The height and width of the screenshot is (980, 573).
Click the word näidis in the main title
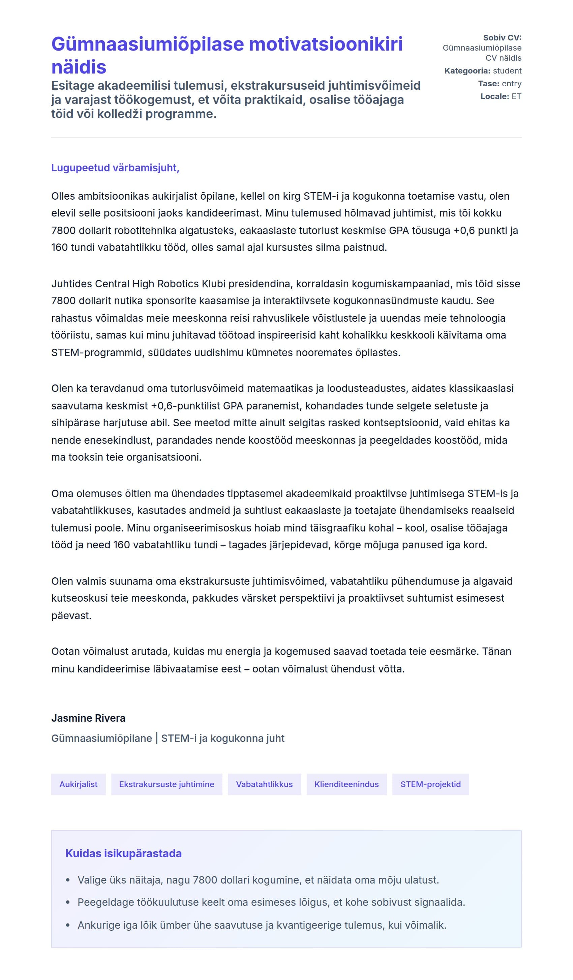coord(79,67)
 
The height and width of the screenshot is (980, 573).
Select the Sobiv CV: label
coord(502,38)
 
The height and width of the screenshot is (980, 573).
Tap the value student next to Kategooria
coord(507,71)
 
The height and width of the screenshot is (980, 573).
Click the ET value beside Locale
coord(516,96)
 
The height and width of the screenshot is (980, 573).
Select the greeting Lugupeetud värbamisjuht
coord(115,168)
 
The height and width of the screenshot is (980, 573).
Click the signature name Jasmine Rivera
coord(88,718)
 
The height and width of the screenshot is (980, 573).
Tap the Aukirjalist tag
coord(78,784)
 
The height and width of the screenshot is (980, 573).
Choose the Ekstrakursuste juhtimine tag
coord(167,784)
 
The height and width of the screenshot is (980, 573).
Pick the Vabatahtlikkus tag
coord(264,784)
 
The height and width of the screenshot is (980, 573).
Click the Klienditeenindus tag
coord(346,784)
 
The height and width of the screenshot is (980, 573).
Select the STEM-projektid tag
coord(430,784)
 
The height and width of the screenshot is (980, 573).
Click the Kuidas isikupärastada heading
coord(123,853)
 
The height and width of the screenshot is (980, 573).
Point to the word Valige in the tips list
coord(92,880)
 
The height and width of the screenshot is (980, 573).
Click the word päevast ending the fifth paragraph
coord(71,615)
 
